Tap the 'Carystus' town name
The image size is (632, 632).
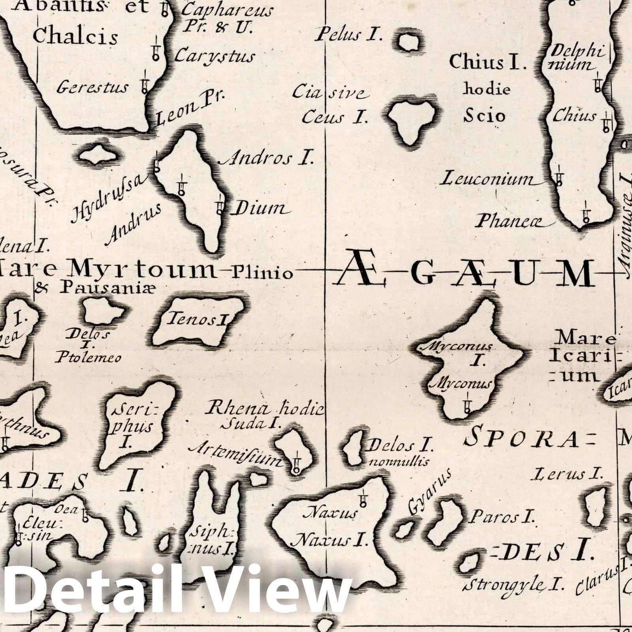[x=214, y=56]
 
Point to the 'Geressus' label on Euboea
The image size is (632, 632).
[x=92, y=87]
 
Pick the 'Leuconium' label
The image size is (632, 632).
[x=487, y=180]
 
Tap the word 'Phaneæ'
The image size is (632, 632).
[x=509, y=222]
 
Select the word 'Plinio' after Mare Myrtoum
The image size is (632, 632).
[x=262, y=273]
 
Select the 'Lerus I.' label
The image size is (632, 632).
[x=566, y=474]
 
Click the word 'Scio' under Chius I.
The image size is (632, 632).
[x=484, y=116]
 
